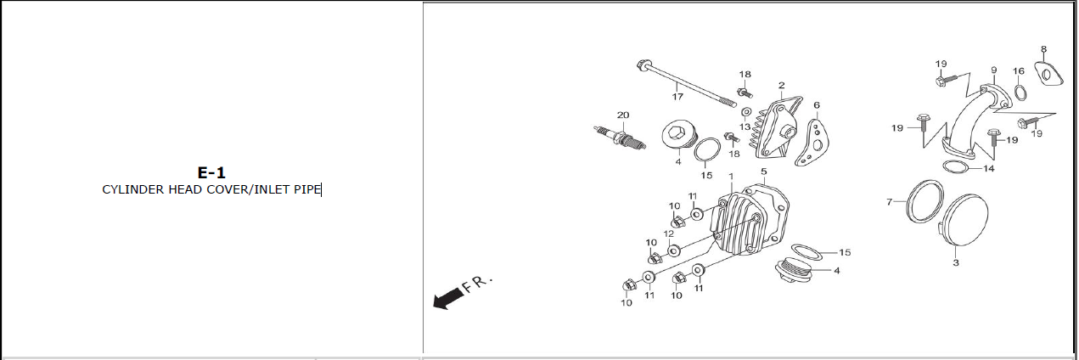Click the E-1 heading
click(x=211, y=172)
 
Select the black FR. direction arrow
click(x=448, y=297)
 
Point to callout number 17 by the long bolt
click(x=677, y=97)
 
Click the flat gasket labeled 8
click(x=1051, y=74)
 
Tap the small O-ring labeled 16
click(x=1020, y=92)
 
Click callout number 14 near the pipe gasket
click(x=989, y=169)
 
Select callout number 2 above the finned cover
click(x=780, y=85)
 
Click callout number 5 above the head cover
click(x=763, y=172)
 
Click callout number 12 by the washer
click(x=669, y=233)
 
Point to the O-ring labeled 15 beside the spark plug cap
click(x=706, y=154)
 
